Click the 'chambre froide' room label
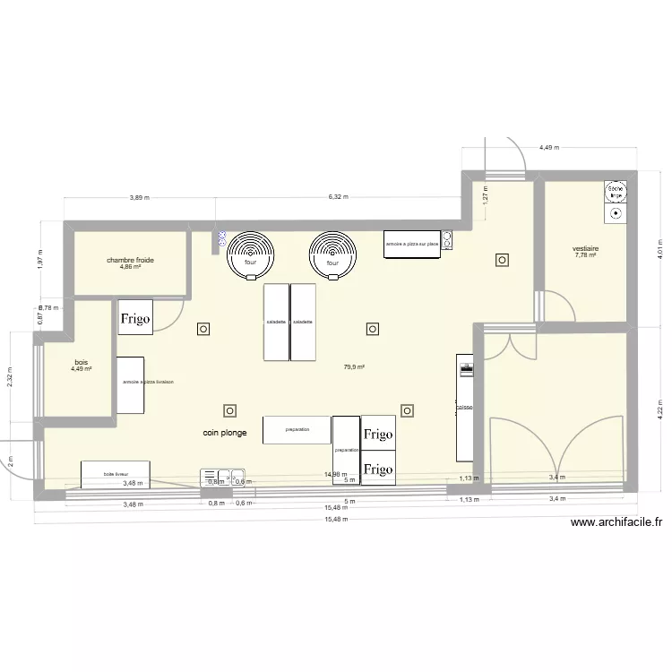pyautogui.click(x=130, y=260)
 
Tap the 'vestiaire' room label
pyautogui.click(x=586, y=248)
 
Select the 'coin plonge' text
pyautogui.click(x=224, y=432)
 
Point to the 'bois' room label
pyautogui.click(x=82, y=362)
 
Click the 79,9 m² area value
pyautogui.click(x=354, y=366)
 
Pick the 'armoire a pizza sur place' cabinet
pyautogui.click(x=411, y=244)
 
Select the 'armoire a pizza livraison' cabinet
pyautogui.click(x=131, y=383)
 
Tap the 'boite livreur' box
pyautogui.click(x=115, y=474)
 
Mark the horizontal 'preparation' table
pyautogui.click(x=297, y=430)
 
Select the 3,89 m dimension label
pyautogui.click(x=139, y=196)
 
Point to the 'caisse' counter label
pyautogui.click(x=464, y=408)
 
